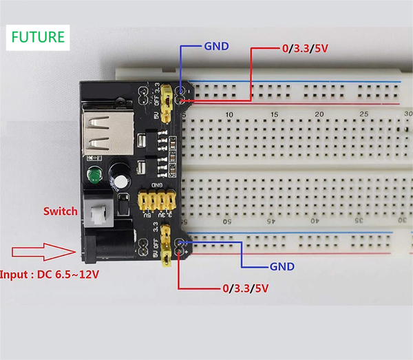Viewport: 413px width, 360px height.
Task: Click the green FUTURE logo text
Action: pos(38,37)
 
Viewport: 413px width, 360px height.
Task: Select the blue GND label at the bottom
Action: pos(282,266)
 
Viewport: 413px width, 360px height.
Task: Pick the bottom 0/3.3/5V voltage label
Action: pos(245,288)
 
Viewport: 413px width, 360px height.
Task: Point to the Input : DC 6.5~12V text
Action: pos(50,275)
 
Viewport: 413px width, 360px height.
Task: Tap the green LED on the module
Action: pos(92,178)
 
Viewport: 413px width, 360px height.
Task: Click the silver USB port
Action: pos(100,136)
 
